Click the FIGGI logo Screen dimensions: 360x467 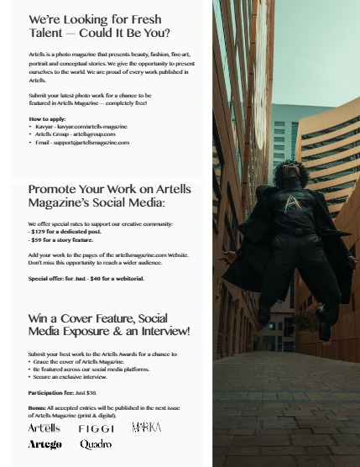(x=97, y=428)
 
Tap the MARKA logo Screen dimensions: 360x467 (x=146, y=428)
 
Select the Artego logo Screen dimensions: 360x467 (x=44, y=444)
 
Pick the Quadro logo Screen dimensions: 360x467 (x=96, y=444)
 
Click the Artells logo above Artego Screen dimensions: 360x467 (x=44, y=428)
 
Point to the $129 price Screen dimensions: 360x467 (x=40, y=232)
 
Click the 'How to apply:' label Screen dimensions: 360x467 (x=45, y=119)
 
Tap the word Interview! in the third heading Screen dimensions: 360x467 (x=164, y=332)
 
